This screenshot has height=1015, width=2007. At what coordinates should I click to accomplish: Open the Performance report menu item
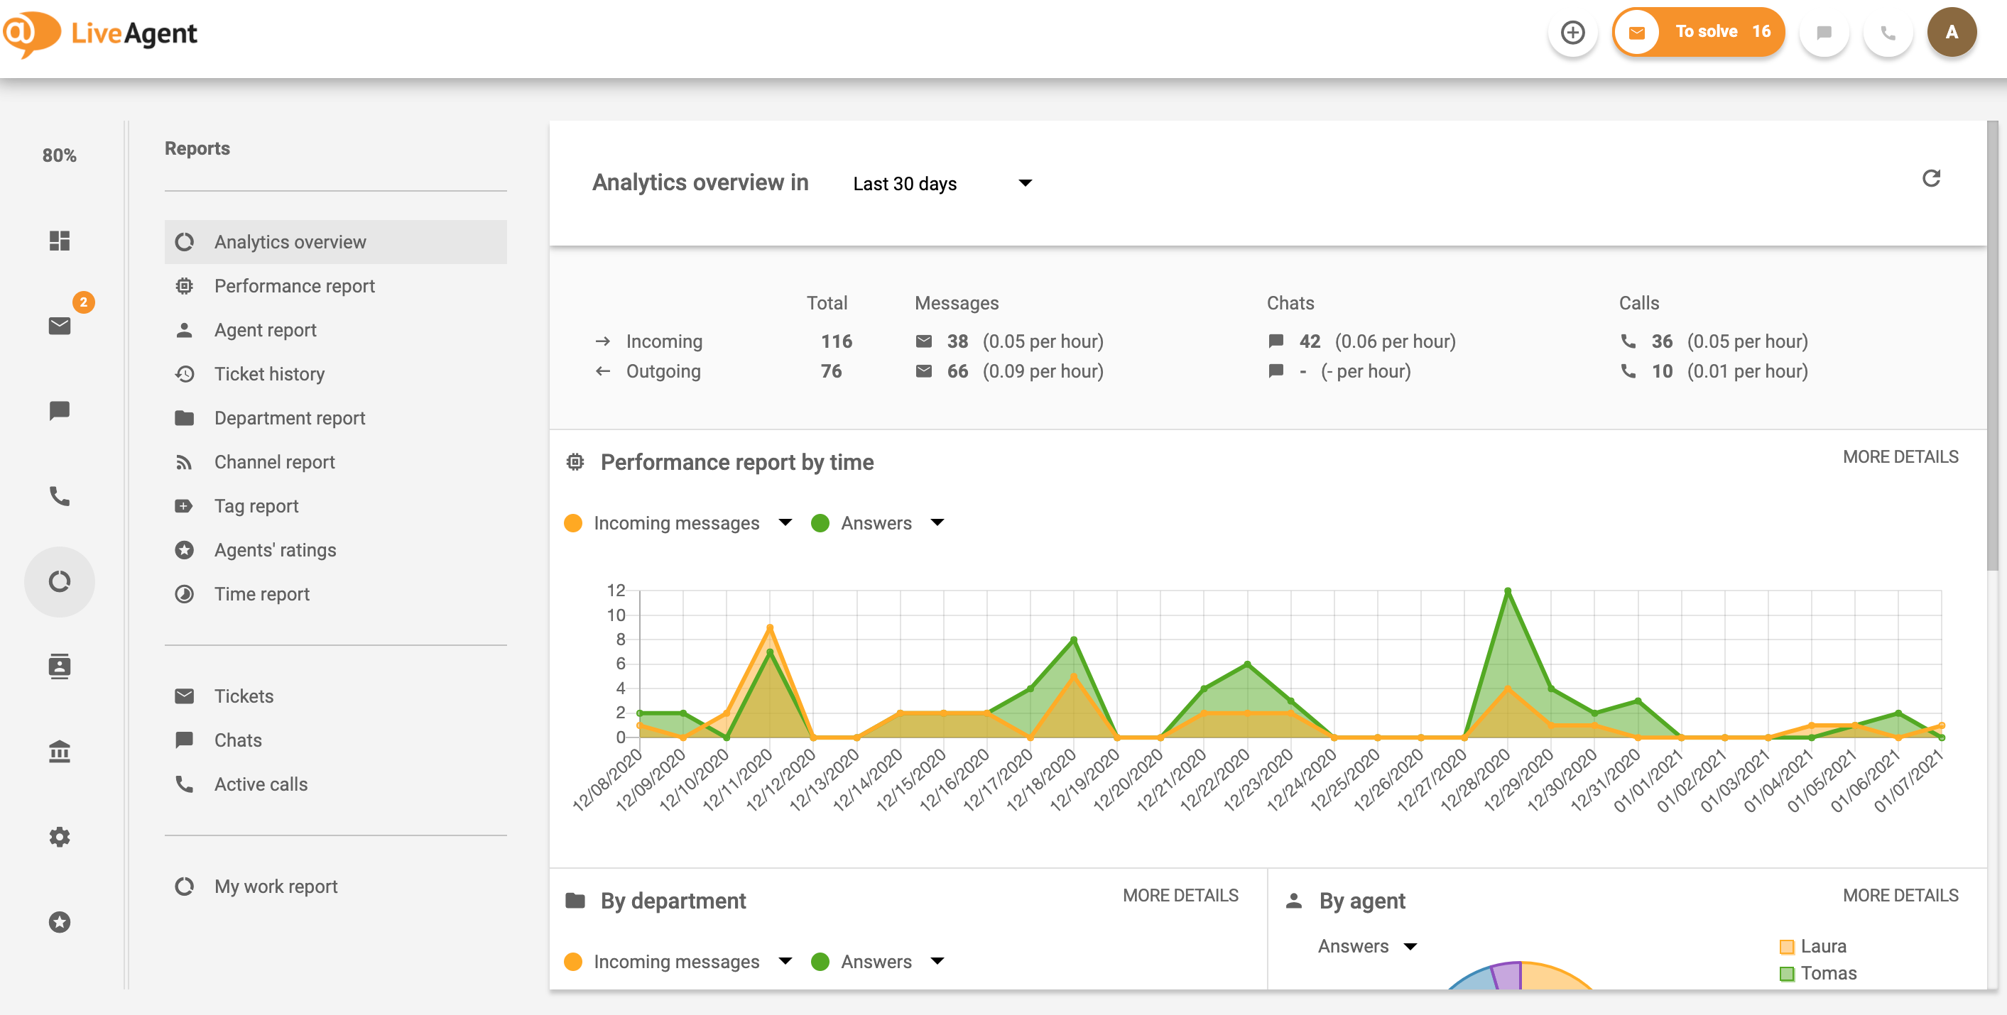coord(294,286)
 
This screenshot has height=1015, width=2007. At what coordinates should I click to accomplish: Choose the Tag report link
coord(256,506)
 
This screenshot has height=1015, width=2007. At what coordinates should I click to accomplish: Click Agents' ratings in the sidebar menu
coord(274,550)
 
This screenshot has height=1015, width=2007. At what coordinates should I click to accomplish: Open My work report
coord(275,887)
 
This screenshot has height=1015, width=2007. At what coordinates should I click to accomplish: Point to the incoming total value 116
coord(836,341)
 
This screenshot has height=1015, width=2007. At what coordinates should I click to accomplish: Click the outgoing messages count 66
coord(957,371)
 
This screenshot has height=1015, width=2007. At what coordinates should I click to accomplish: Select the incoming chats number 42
coord(1309,341)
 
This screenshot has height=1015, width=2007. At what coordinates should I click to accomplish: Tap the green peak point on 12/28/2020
coord(1508,591)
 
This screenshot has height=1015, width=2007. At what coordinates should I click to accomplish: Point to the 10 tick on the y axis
coord(616,615)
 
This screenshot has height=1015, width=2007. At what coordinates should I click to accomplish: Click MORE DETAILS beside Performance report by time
coord(1900,457)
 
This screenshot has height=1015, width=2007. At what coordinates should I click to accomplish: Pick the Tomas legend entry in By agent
coord(1827,973)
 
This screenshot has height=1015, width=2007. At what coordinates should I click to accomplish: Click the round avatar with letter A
coord(1951,32)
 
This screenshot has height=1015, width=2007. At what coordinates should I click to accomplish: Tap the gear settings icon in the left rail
coord(59,838)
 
